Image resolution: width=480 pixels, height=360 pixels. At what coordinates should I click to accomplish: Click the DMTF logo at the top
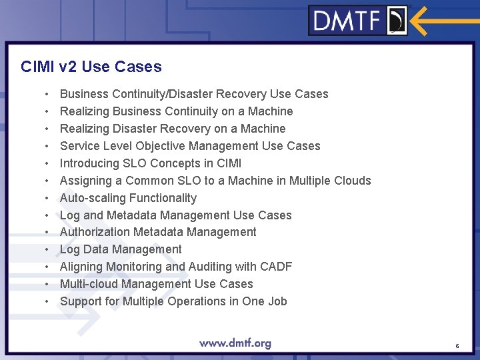click(359, 21)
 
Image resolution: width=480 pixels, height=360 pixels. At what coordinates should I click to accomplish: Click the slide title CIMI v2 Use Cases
click(91, 67)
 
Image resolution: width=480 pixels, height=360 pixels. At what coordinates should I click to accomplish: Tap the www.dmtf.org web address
click(235, 343)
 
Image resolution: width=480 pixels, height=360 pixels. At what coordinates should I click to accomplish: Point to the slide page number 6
click(457, 346)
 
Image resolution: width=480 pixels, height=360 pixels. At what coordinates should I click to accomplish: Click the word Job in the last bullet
click(277, 301)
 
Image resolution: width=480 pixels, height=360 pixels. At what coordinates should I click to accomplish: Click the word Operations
click(200, 301)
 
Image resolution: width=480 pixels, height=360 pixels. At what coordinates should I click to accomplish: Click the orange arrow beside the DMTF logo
click(444, 21)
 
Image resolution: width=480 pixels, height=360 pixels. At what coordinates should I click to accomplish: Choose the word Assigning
click(86, 181)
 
